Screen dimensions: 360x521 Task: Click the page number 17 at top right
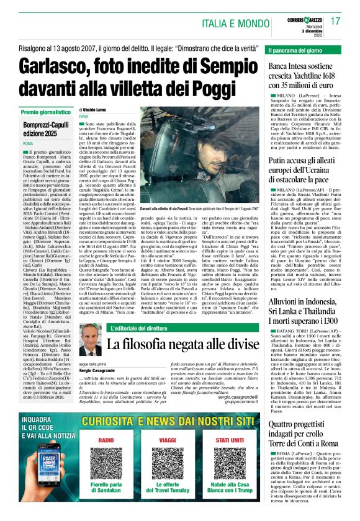[x=335, y=22]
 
